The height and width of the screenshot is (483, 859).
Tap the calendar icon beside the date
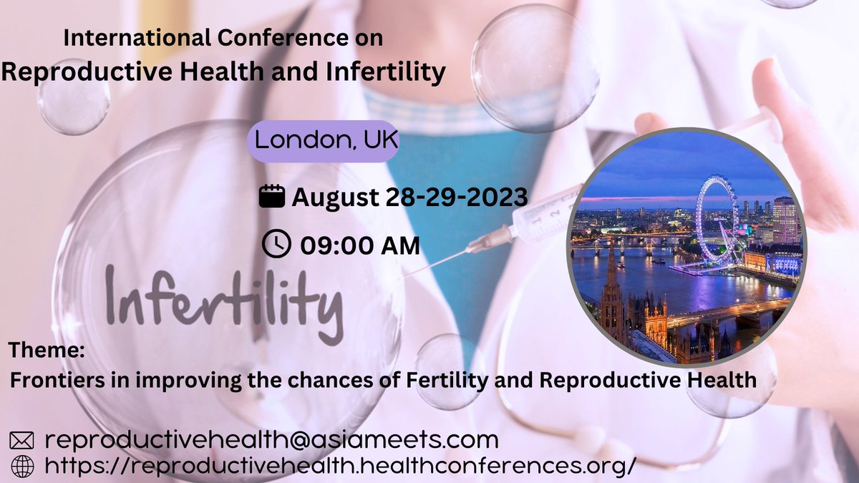click(x=271, y=196)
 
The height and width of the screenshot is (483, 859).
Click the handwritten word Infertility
click(x=223, y=301)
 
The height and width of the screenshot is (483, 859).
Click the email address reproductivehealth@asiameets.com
click(x=271, y=439)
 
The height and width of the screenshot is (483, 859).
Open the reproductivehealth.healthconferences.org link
click(x=340, y=466)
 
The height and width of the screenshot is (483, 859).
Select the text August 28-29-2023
click(x=409, y=196)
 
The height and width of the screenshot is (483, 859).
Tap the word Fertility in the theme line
click(x=465, y=379)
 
